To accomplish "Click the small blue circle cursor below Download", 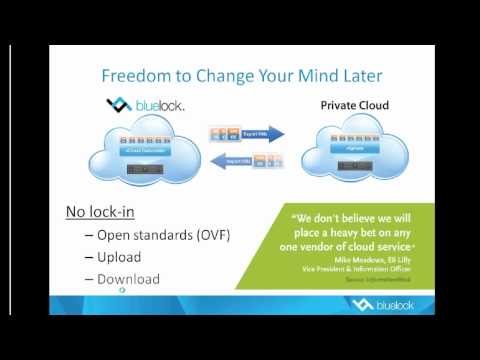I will point(122,293).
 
